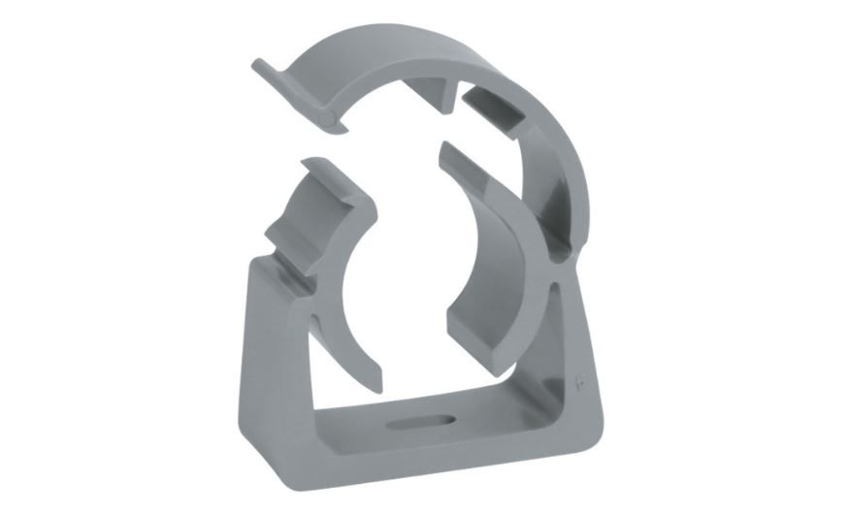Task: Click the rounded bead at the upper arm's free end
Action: click(x=333, y=119)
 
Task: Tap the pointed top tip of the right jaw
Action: click(x=444, y=147)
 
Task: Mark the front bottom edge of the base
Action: click(x=427, y=475)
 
